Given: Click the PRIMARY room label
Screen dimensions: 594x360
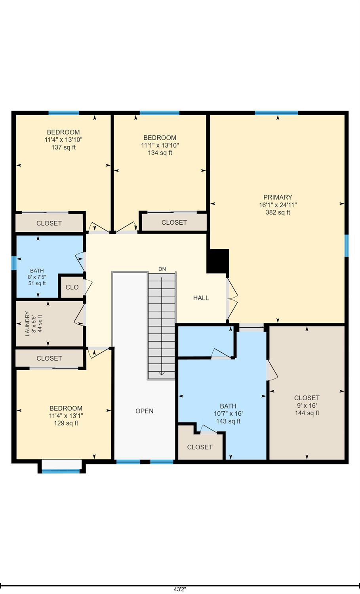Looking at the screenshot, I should point(278,197).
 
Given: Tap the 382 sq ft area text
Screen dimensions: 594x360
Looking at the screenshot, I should point(278,212).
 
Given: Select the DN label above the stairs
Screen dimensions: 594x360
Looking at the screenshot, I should point(162,269).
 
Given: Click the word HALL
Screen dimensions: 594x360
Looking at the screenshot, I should point(201,298).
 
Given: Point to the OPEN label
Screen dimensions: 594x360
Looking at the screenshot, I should point(144,411).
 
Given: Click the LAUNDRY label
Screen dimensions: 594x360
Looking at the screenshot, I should point(27,324).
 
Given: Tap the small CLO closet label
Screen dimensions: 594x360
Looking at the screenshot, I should point(72,287).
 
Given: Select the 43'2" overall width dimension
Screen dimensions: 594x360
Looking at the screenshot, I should point(180,589).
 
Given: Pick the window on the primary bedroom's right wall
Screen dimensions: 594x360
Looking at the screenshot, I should point(347,246).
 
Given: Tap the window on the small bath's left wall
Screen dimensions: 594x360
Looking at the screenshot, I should point(14,263).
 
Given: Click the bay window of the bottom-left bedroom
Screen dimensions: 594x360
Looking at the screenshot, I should point(61,470).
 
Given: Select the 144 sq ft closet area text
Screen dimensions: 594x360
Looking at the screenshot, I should point(307,413).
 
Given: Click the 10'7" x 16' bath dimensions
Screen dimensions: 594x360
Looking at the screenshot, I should point(228,413).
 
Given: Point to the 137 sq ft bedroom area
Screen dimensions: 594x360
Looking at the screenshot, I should point(63,147).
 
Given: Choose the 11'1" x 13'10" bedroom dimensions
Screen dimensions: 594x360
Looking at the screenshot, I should point(160,145).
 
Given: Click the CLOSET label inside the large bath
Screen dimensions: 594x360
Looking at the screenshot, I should point(200,447).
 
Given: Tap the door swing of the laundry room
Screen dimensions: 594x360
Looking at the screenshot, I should point(80,315).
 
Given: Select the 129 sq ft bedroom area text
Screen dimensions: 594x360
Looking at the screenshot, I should point(66,423).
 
